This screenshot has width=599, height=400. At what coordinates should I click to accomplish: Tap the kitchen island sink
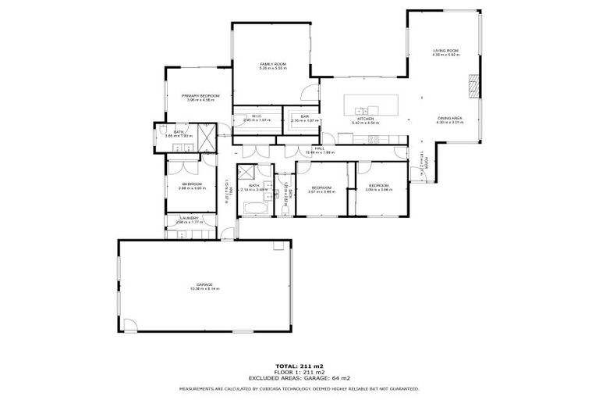[x=361, y=109]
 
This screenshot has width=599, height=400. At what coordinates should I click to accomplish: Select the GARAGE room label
[x=204, y=284]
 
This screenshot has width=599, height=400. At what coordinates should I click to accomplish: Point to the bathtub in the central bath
[x=255, y=209]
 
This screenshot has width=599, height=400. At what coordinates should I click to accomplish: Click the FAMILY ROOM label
[x=273, y=63]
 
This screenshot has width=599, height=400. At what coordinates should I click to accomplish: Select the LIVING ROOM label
[x=446, y=51]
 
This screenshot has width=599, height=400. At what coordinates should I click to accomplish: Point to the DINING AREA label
[x=450, y=117]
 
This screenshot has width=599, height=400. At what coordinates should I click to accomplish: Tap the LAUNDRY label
[x=189, y=218]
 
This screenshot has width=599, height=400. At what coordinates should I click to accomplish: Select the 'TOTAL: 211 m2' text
[x=299, y=365]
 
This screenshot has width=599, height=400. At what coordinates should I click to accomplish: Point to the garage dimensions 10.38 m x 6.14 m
[x=204, y=289]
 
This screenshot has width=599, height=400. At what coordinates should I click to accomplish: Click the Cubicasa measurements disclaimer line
[x=299, y=387]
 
